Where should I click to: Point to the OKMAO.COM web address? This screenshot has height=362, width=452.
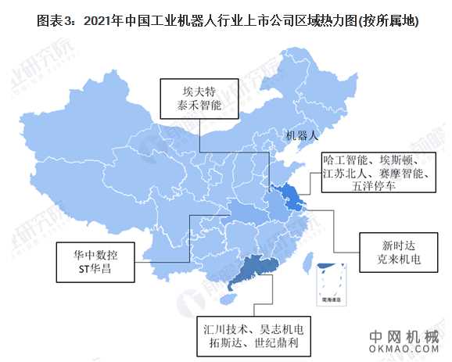(404, 350)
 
